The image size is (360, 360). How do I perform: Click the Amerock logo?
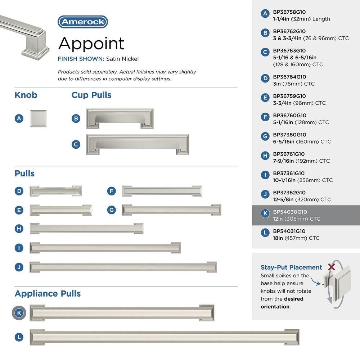point(83,22)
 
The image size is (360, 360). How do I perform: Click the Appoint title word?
point(91,44)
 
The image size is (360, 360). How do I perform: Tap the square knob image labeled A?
point(38,118)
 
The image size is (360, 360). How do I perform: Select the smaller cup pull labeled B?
point(120,118)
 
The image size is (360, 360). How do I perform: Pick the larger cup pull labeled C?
point(138,144)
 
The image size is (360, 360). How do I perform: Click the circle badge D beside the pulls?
point(19,191)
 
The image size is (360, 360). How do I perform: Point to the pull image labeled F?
point(162,191)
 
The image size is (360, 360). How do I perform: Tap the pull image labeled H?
point(86,229)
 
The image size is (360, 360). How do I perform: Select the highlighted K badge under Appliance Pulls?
point(19,313)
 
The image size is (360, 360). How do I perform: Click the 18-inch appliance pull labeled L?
point(165,337)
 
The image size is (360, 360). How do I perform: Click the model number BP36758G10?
point(289,12)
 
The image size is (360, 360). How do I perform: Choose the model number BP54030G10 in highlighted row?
point(290,212)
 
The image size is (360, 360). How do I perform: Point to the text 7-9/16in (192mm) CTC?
point(301,161)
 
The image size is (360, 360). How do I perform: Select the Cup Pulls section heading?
point(91,95)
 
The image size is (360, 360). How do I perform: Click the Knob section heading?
point(26,95)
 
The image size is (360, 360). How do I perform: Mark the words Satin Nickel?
point(122,59)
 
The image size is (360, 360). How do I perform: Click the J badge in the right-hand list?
point(265,194)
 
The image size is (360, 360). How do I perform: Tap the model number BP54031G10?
point(289,231)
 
